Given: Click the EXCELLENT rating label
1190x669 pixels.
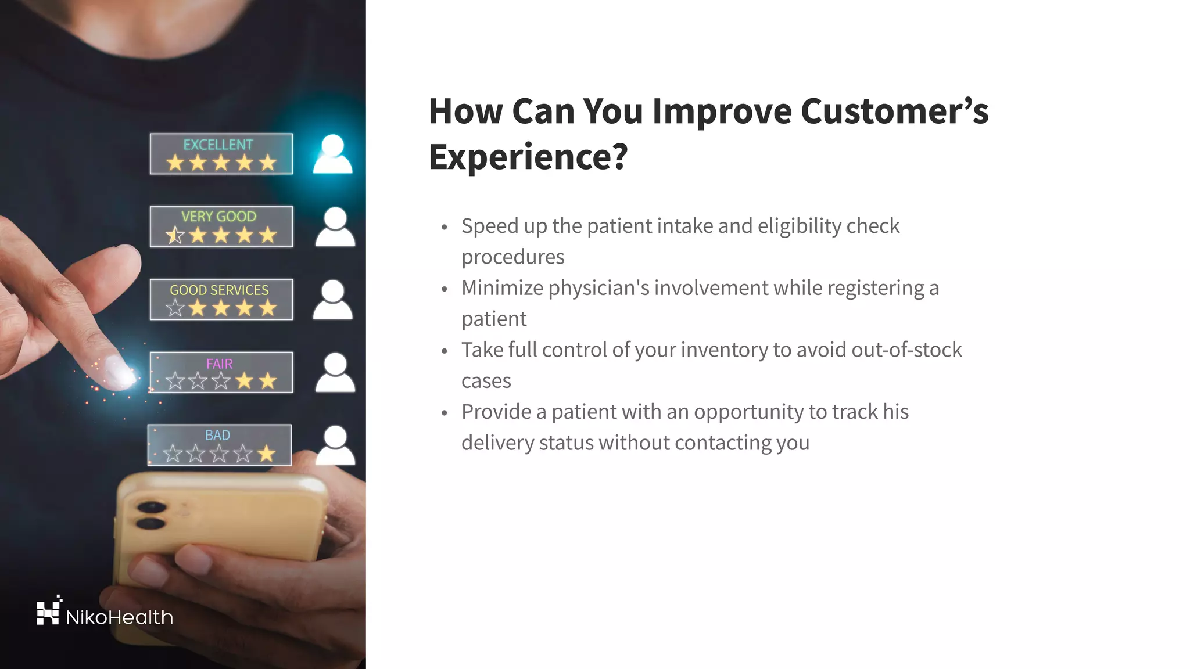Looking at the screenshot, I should pos(218,145).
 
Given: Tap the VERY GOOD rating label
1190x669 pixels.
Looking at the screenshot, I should pos(218,217).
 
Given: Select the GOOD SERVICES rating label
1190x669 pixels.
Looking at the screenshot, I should pos(219,290).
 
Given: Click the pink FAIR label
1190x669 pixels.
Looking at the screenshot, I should pos(219,364).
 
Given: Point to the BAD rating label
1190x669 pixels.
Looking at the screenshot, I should pos(217,435).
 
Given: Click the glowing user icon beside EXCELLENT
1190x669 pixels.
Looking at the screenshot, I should pos(332,154).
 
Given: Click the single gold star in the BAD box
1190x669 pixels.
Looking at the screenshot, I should pos(267,454).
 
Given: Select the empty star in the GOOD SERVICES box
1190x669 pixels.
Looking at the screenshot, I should pos(175,308).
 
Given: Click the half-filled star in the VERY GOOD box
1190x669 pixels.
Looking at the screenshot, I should pos(175,235).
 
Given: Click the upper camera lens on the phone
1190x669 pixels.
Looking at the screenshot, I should pos(152,508).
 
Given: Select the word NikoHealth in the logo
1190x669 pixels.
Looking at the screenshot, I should pos(120,617).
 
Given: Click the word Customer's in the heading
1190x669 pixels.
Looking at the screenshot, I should pos(894,111).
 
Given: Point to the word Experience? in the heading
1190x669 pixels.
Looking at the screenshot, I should pos(528,156).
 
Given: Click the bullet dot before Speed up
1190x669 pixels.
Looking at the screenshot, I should pos(445,227).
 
